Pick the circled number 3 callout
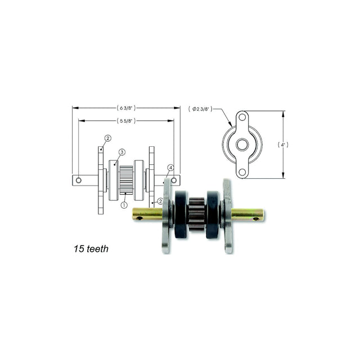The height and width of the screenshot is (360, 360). click(x=121, y=152)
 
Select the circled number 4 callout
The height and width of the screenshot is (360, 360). click(x=170, y=168)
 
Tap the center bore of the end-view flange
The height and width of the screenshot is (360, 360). click(x=242, y=145)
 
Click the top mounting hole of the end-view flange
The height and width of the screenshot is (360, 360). click(x=242, y=118)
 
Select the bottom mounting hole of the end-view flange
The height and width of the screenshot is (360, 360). click(x=242, y=172)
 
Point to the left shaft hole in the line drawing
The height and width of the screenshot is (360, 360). click(x=79, y=181)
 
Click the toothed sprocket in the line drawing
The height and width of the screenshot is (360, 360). click(x=127, y=179)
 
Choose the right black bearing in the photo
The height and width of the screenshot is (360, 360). click(x=213, y=214)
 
